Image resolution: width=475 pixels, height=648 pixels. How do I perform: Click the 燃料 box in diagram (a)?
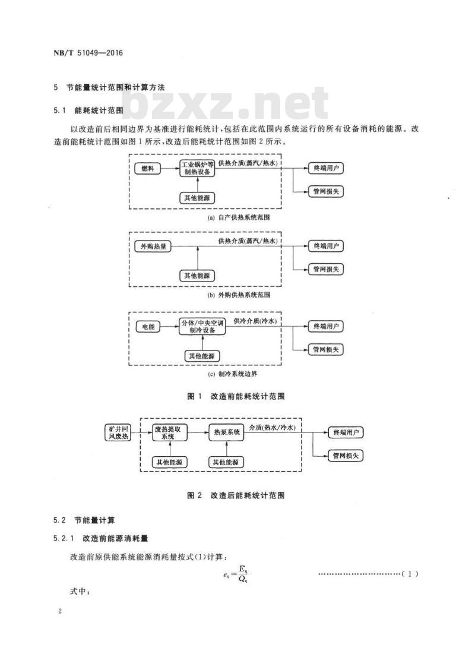(x=147, y=168)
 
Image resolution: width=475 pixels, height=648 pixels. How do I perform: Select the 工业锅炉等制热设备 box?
(x=197, y=168)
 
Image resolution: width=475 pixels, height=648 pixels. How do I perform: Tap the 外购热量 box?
(x=153, y=246)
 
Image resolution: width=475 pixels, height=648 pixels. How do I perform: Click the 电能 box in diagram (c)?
(x=148, y=327)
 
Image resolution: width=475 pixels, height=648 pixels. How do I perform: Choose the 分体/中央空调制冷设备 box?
(x=202, y=327)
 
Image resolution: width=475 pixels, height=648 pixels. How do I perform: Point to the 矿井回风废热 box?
(x=119, y=432)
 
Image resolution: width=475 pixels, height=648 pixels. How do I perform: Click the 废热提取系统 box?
(x=167, y=432)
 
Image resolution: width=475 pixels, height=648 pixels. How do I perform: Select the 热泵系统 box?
(x=226, y=432)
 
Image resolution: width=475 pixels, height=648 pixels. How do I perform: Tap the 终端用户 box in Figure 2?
(x=346, y=432)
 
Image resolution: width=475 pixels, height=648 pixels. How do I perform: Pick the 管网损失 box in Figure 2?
(x=346, y=456)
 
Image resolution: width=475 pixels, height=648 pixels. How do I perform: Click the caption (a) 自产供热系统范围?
(x=238, y=217)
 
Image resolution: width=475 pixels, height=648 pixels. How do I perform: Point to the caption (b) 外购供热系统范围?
(x=238, y=295)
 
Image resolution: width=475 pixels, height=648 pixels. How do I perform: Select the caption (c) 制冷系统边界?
(x=233, y=374)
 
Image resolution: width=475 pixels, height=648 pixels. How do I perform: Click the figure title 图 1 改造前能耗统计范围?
(x=236, y=396)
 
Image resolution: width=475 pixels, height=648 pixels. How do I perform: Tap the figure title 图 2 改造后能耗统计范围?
(x=236, y=495)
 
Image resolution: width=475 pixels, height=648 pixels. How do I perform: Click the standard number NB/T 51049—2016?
(x=88, y=53)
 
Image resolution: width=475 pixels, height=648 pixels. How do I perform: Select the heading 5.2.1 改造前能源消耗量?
(x=101, y=538)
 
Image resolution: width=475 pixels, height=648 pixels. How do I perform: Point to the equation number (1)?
(x=410, y=574)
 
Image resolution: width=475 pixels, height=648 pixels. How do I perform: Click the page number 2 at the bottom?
(x=60, y=611)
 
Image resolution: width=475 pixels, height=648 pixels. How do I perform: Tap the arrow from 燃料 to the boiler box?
(x=170, y=168)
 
